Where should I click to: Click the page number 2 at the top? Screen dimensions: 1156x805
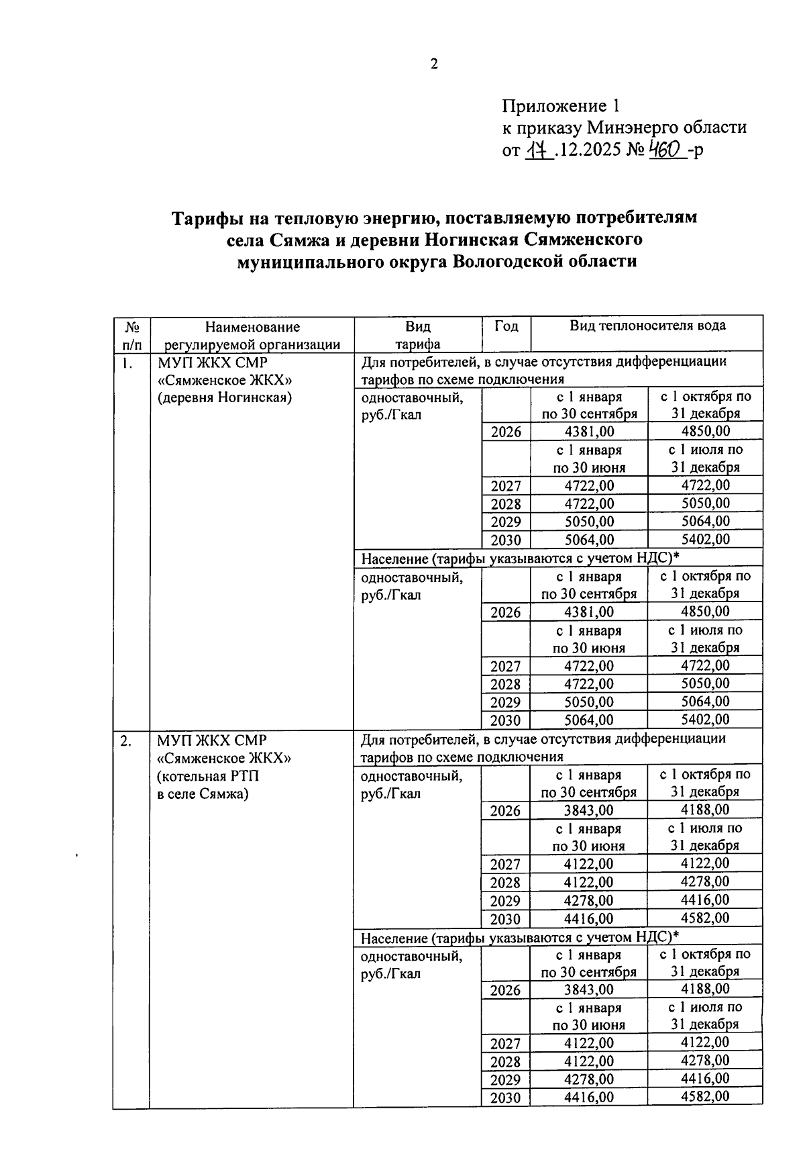[434, 64]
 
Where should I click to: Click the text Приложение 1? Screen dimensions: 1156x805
[561, 106]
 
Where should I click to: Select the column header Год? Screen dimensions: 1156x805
[506, 326]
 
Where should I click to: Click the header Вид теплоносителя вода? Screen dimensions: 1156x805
[647, 326]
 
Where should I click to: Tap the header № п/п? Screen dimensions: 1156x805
[132, 336]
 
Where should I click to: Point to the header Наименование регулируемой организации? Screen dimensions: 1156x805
[252, 336]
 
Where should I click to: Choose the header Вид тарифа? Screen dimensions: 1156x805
[417, 336]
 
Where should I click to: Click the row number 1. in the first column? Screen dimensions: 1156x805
[127, 363]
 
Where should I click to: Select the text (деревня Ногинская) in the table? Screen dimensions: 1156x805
[225, 397]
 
